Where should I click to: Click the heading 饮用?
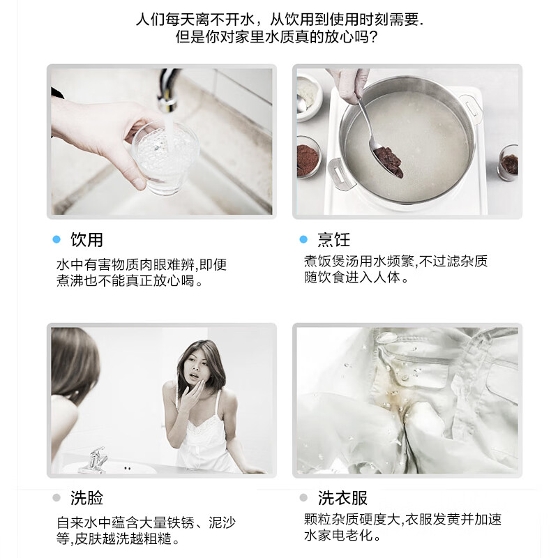(86, 240)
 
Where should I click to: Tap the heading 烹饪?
(333, 240)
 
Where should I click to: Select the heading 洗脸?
(86, 498)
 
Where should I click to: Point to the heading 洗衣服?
(342, 498)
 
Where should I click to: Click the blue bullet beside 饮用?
(56, 240)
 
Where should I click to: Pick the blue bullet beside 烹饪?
(303, 240)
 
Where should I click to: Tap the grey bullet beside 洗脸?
(56, 498)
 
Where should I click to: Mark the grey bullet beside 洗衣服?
(303, 498)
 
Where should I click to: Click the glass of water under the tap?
(165, 156)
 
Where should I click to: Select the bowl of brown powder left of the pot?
(308, 157)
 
